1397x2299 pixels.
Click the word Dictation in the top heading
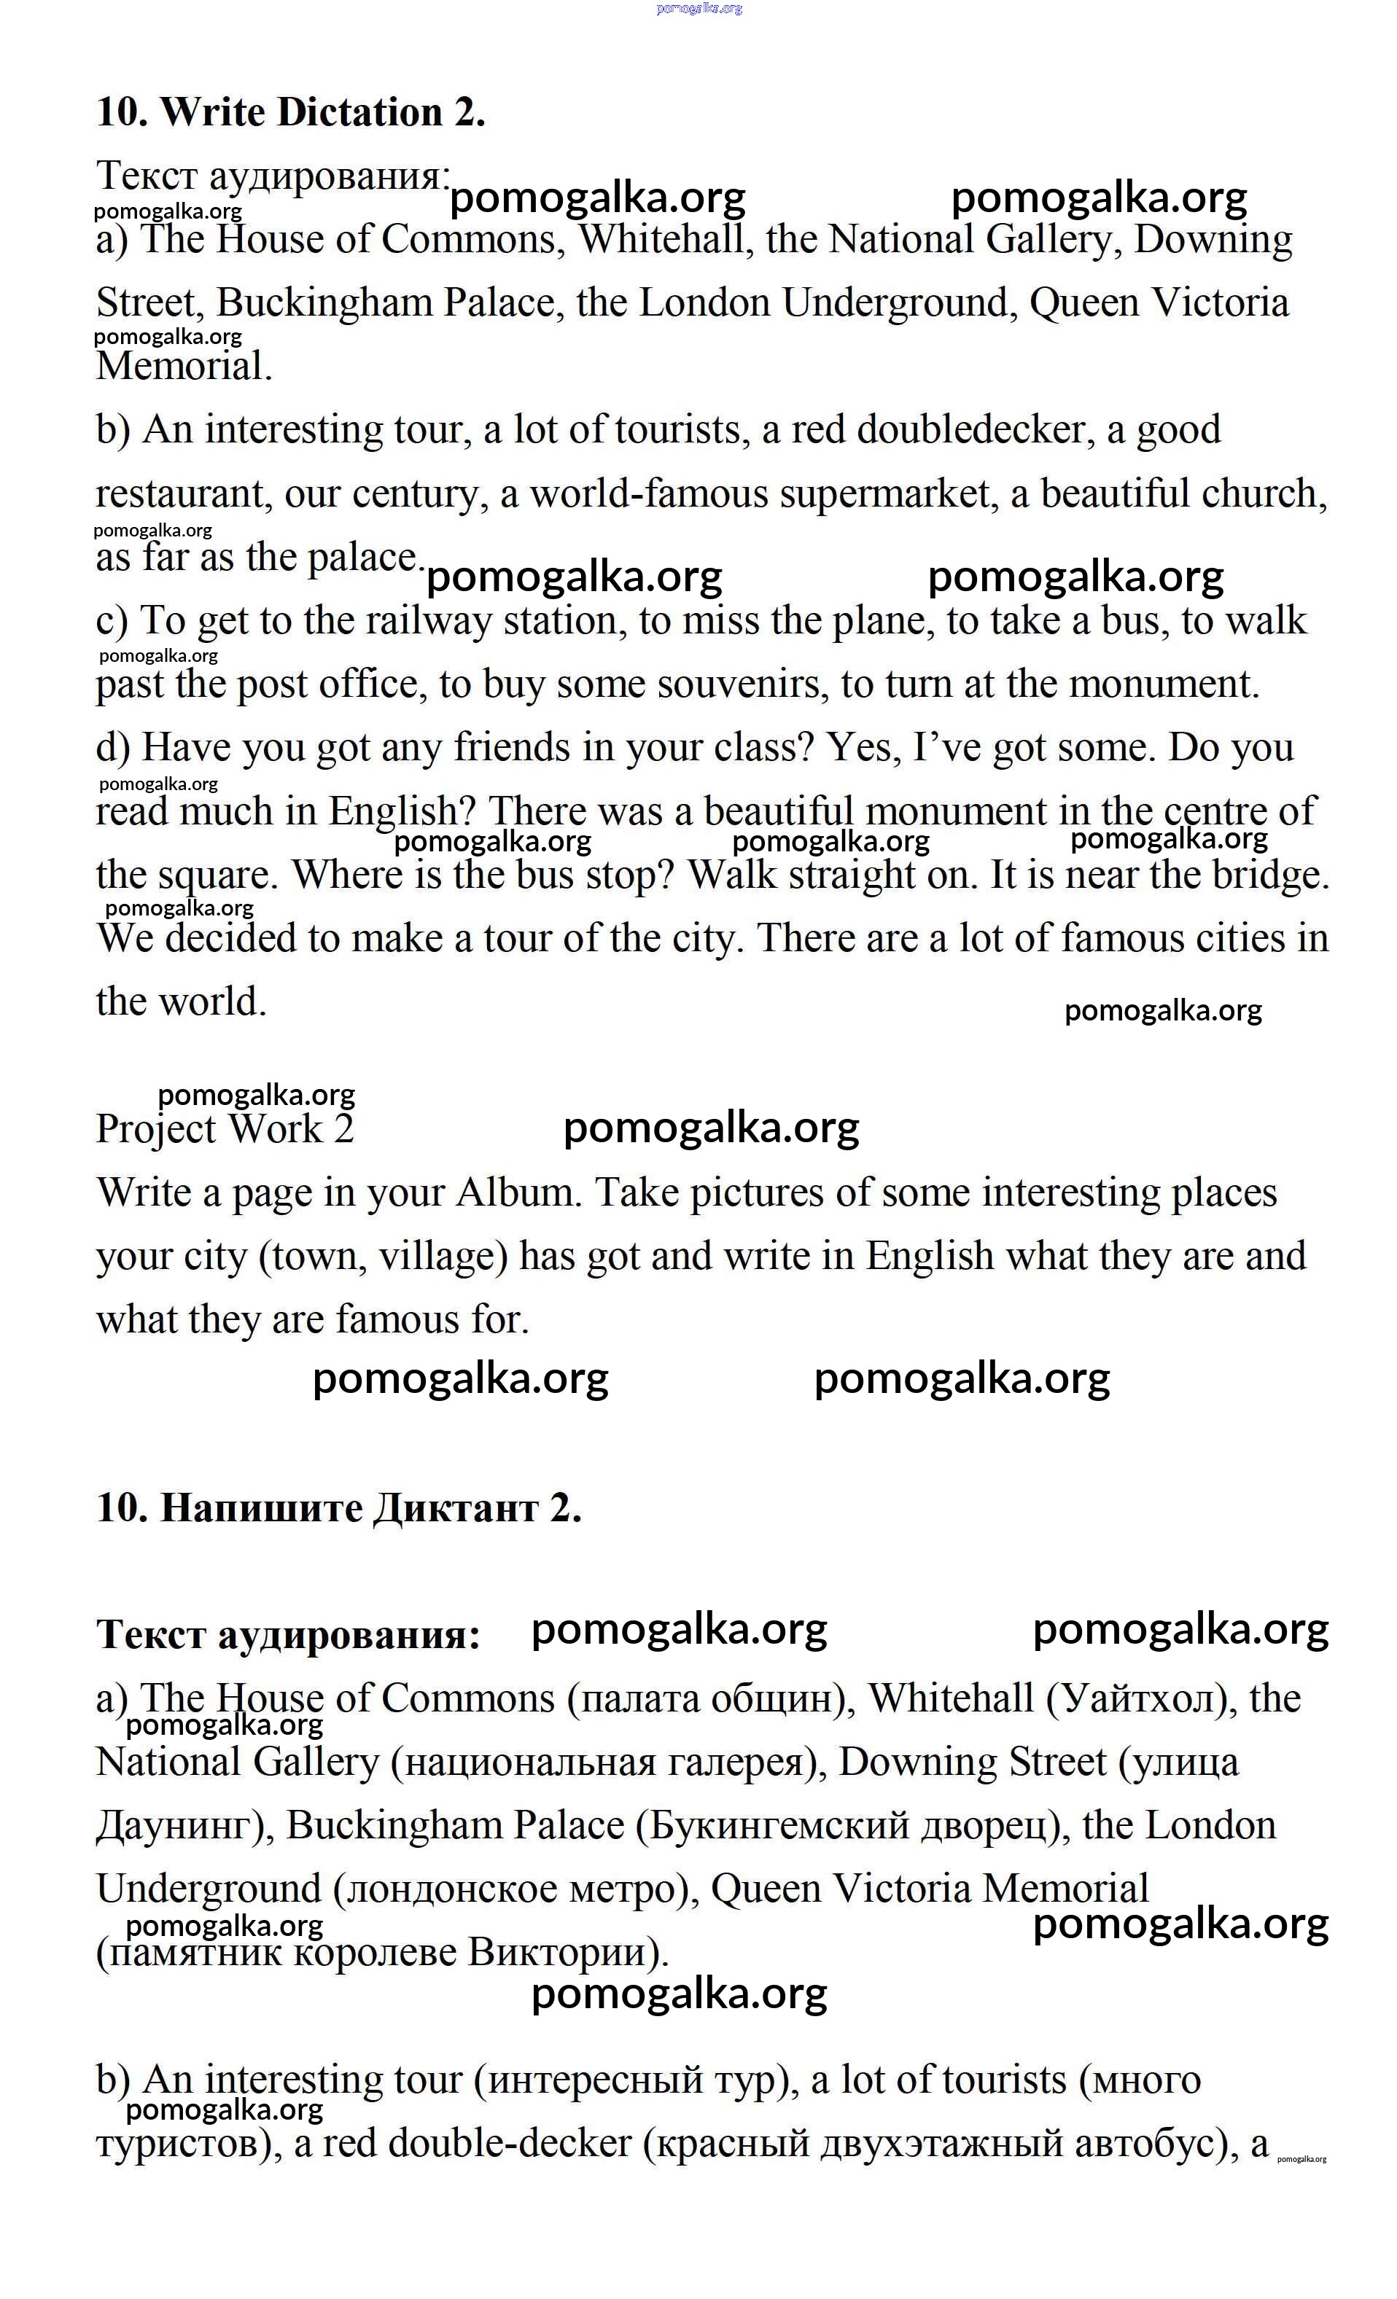click(x=359, y=112)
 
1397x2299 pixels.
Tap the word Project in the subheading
click(x=156, y=1130)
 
